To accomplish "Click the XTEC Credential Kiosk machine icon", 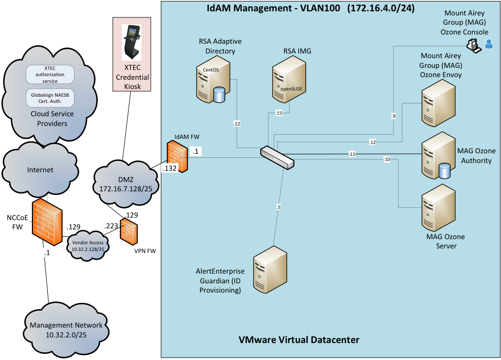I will pyautogui.click(x=132, y=42).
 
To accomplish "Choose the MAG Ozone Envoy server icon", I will pyautogui.click(x=439, y=103).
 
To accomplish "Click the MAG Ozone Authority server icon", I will pyautogui.click(x=438, y=155).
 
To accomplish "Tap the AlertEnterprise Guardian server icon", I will pyautogui.click(x=271, y=268).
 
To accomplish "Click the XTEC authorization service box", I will pyautogui.click(x=50, y=74).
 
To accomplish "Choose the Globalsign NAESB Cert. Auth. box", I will pyautogui.click(x=50, y=97).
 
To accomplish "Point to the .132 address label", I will pyautogui.click(x=170, y=168).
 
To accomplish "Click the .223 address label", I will pyautogui.click(x=111, y=226).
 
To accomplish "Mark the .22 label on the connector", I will pyautogui.click(x=237, y=123).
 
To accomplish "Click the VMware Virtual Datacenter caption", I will pyautogui.click(x=299, y=340).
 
